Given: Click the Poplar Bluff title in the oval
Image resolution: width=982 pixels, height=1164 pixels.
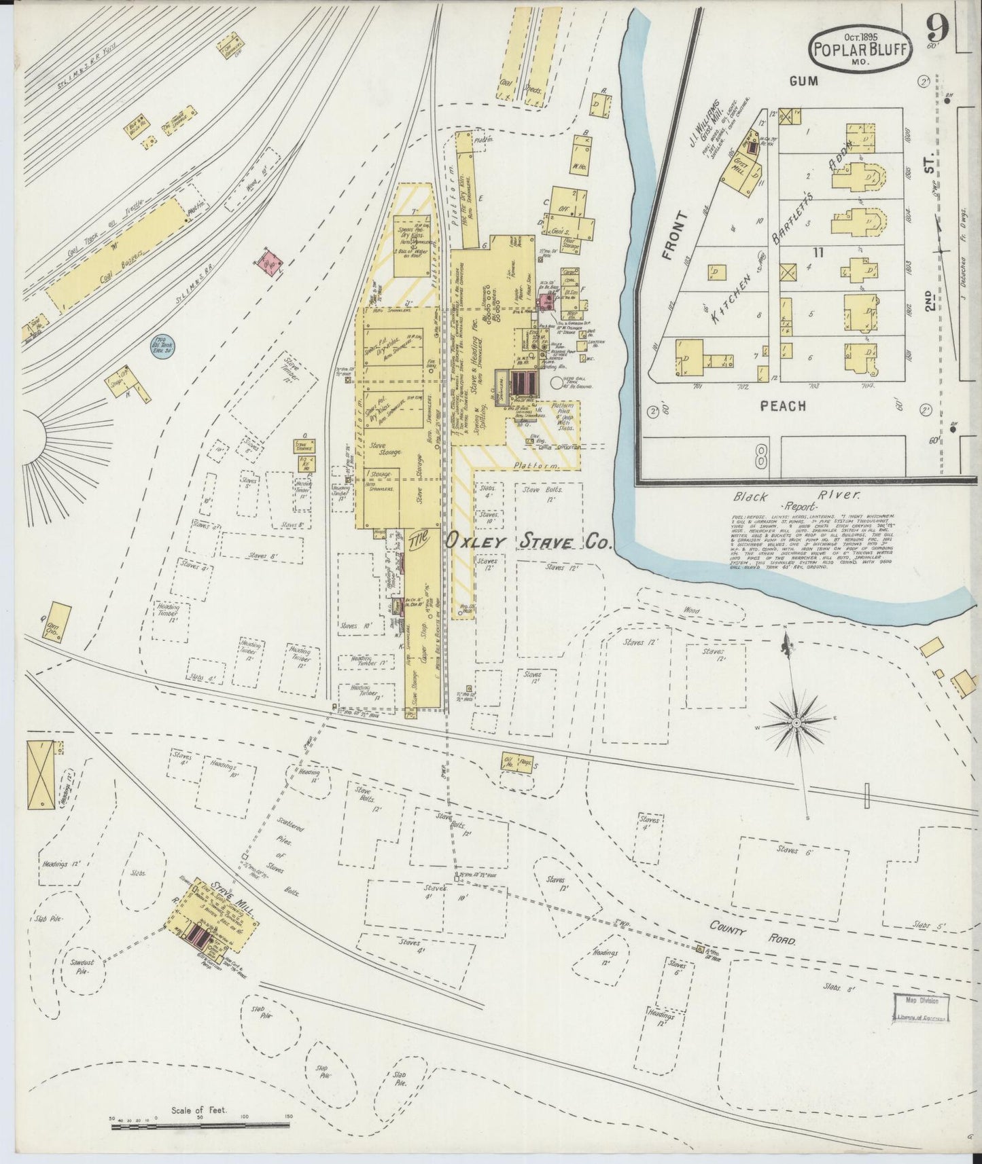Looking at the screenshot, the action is point(859,50).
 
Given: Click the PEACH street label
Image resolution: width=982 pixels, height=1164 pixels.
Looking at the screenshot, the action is point(783,406).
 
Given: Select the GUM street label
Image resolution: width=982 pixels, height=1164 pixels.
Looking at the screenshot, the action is point(803,81).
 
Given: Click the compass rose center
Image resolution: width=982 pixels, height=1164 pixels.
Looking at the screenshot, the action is point(796,724).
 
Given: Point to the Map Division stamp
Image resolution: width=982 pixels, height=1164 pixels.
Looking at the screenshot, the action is point(919,1000).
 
